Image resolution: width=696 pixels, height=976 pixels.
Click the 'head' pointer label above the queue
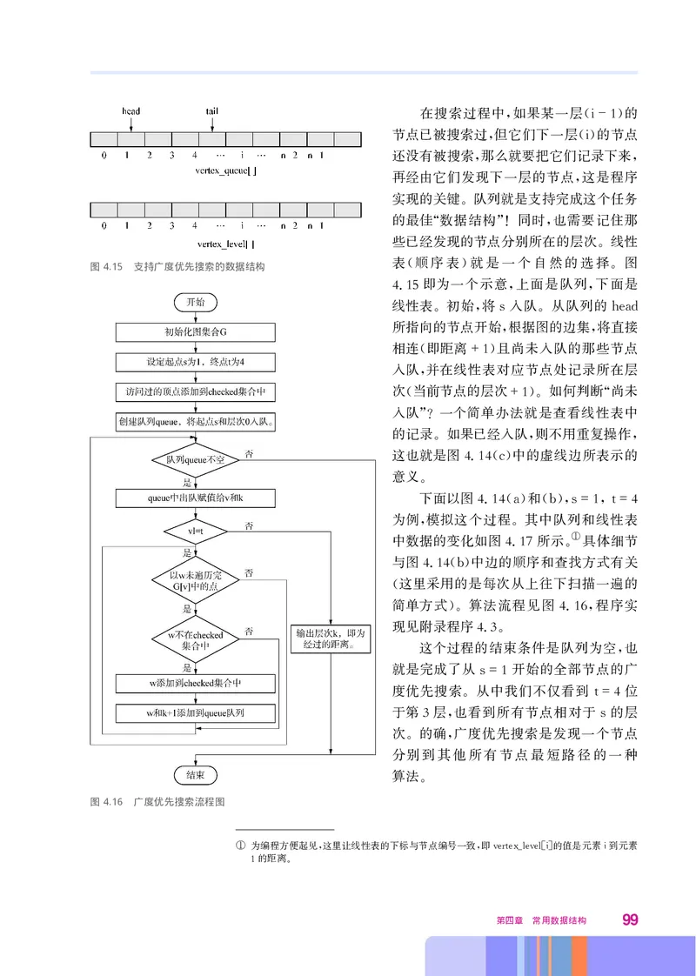click(130, 111)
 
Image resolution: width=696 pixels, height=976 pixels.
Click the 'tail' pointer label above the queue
click(211, 111)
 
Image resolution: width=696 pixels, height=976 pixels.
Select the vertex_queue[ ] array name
click(226, 172)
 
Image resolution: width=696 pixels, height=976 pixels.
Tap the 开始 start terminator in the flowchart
click(196, 302)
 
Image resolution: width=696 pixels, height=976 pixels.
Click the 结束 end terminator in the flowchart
click(196, 773)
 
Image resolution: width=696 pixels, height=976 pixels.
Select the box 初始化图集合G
click(195, 331)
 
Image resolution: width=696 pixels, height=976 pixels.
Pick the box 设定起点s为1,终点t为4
click(195, 361)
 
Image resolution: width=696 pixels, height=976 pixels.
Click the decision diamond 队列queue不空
click(196, 458)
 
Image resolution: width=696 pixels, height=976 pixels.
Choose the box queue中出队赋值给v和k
click(195, 498)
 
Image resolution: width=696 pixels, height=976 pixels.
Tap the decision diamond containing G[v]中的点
click(196, 580)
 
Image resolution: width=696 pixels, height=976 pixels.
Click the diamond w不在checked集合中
click(196, 640)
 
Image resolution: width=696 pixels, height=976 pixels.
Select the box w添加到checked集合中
click(195, 684)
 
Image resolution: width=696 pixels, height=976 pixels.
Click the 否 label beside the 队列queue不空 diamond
click(250, 454)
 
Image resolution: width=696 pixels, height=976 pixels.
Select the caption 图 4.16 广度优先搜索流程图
click(164, 802)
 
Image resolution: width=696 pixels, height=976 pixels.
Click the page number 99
click(631, 919)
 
